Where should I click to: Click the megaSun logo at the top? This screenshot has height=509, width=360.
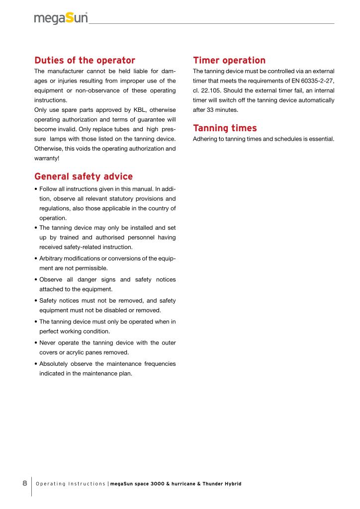[61, 18]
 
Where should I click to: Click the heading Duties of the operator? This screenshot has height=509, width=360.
[85, 61]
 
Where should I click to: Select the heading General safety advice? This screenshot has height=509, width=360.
[84, 176]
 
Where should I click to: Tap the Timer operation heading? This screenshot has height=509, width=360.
[229, 61]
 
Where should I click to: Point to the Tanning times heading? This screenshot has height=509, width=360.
[225, 128]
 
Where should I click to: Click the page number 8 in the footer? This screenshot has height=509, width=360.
[24, 483]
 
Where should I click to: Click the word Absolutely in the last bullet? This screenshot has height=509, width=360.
[56, 364]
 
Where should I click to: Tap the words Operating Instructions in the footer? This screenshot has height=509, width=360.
[70, 484]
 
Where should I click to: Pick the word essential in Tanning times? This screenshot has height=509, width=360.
[321, 139]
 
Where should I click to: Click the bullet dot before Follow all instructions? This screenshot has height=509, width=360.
[36, 189]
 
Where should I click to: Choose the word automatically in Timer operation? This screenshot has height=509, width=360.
[316, 100]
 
